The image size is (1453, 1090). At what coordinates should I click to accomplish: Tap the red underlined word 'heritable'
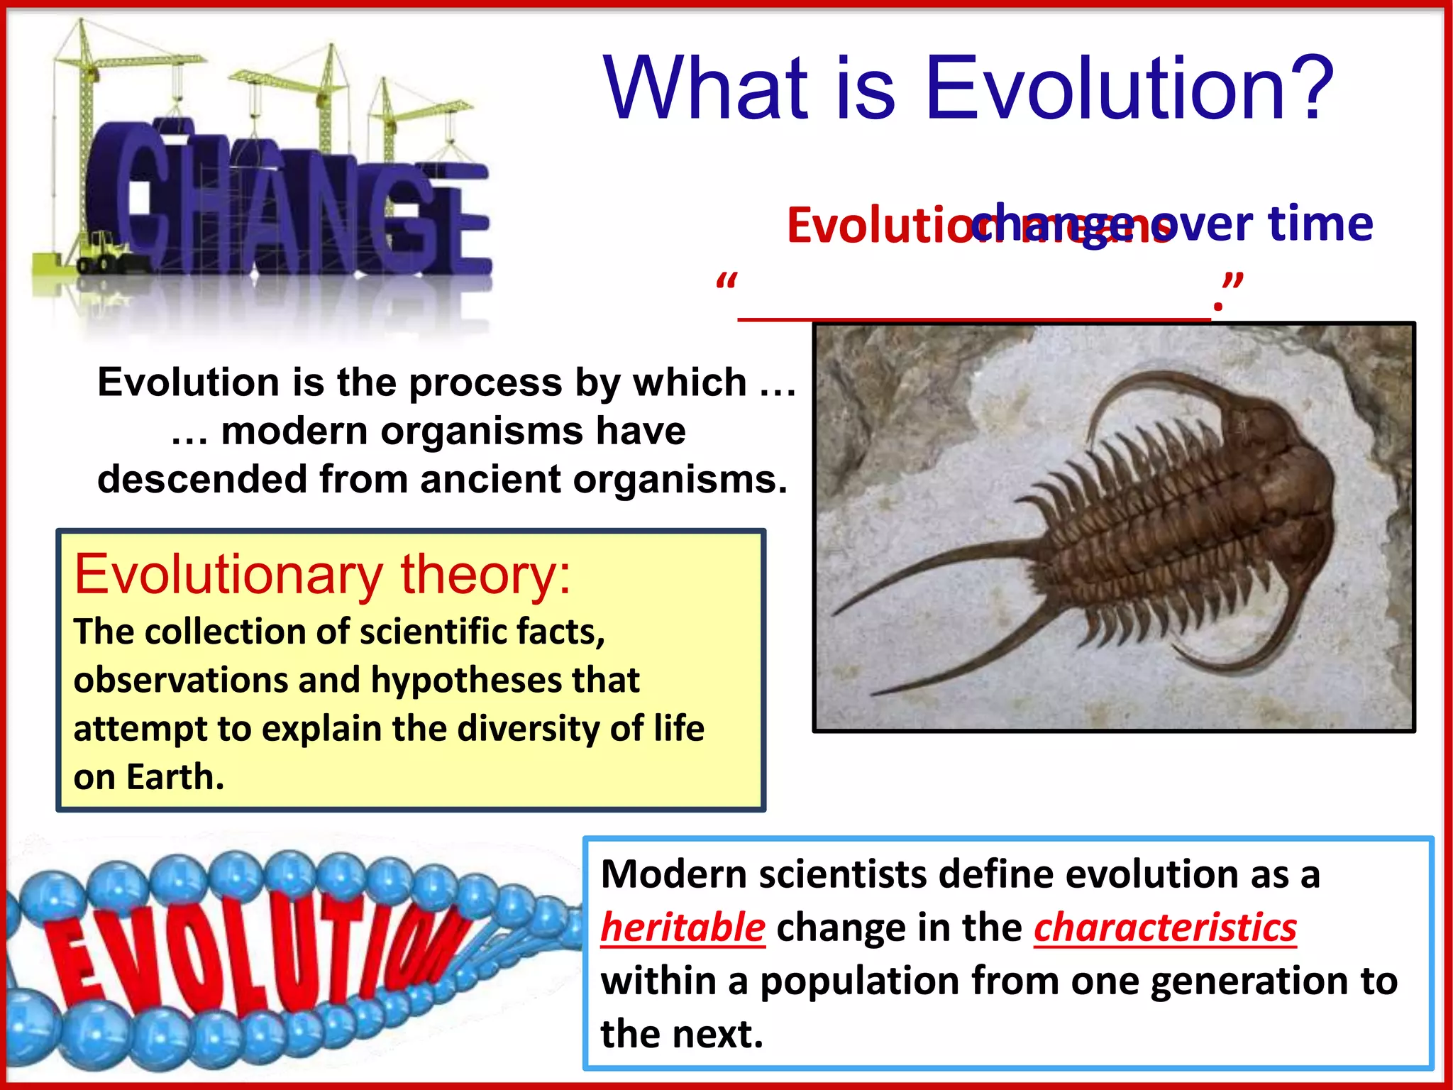683,927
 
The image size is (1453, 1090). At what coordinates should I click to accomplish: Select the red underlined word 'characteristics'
1165,927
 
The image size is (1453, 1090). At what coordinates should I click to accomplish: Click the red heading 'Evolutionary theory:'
322,575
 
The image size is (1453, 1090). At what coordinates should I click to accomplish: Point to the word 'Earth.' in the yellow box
175,777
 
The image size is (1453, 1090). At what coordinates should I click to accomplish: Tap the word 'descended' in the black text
201,479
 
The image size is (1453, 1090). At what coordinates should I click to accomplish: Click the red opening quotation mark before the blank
726,282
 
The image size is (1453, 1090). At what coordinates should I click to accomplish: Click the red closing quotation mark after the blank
1233,281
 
